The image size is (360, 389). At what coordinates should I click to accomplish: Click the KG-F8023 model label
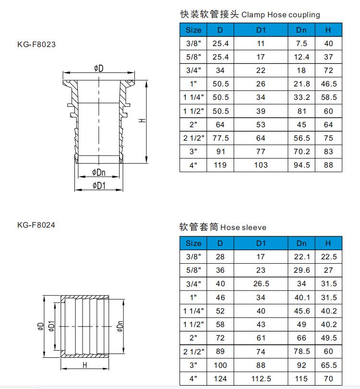coord(36,44)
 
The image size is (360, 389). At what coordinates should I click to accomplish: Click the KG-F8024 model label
coord(36,224)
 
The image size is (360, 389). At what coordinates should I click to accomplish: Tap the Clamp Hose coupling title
coord(249,14)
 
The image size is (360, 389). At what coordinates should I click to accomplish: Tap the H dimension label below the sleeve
coord(85,365)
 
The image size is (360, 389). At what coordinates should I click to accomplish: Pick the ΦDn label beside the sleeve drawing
coord(120,326)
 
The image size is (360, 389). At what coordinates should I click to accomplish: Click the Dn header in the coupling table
coord(301,30)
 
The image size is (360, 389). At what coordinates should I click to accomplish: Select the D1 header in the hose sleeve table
coord(261,243)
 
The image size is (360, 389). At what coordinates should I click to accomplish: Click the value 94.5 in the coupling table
coord(301,165)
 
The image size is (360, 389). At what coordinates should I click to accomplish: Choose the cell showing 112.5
coord(261,378)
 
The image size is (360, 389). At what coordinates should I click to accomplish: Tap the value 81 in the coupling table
coord(301,111)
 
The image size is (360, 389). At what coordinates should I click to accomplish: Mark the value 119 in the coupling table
coord(220,165)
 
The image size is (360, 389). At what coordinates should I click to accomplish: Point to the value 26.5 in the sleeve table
coord(261,284)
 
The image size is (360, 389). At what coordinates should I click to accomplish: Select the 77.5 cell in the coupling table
coord(220,138)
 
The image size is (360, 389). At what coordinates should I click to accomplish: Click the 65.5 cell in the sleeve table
coord(328,365)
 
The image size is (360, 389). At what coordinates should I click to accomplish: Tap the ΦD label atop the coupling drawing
coord(98,69)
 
